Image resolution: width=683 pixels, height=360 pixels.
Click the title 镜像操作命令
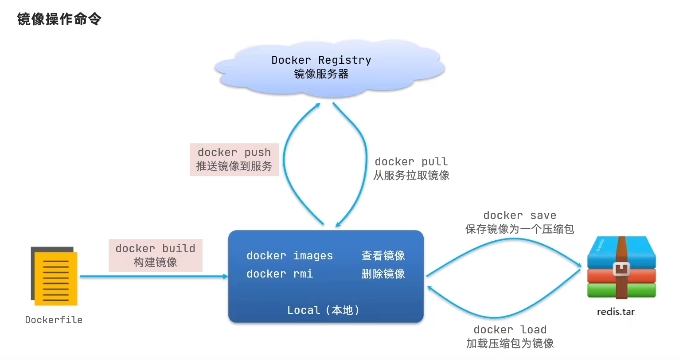pyautogui.click(x=59, y=20)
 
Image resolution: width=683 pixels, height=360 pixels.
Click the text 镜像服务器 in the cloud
pyautogui.click(x=321, y=74)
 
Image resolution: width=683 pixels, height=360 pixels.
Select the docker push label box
pyautogui.click(x=234, y=159)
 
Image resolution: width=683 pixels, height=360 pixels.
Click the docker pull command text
pyautogui.click(x=411, y=162)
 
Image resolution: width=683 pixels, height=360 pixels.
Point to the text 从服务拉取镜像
pyautogui.click(x=411, y=176)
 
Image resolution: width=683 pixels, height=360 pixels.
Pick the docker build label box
pyautogui.click(x=155, y=255)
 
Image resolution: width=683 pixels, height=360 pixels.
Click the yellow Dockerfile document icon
pyautogui.click(x=55, y=277)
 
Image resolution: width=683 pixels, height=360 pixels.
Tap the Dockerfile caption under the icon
pyautogui.click(x=54, y=320)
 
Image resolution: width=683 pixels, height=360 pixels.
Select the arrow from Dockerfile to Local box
pyautogui.click(x=153, y=276)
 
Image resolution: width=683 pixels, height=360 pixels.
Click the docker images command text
pyautogui.click(x=289, y=256)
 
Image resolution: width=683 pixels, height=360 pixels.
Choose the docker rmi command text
pyautogui.click(x=280, y=274)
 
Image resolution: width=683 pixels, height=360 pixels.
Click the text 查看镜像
pyautogui.click(x=383, y=256)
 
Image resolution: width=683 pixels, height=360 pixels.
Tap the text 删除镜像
pyautogui.click(x=383, y=274)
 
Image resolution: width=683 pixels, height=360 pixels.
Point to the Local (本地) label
pyautogui.click(x=323, y=310)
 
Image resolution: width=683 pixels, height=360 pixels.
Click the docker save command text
pyautogui.click(x=519, y=215)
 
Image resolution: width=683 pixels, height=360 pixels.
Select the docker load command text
pyautogui.click(x=510, y=330)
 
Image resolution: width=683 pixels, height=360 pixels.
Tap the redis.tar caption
pyautogui.click(x=616, y=312)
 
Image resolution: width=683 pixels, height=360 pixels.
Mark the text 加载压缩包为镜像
pyautogui.click(x=510, y=344)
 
